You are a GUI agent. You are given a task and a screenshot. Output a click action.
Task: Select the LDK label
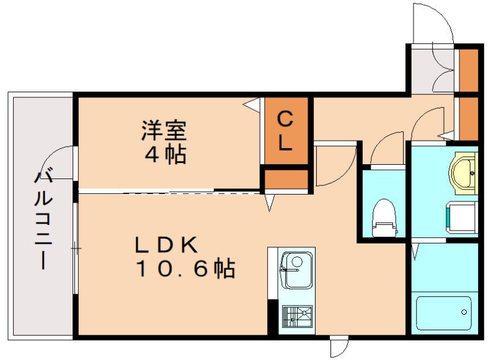[x=166, y=245]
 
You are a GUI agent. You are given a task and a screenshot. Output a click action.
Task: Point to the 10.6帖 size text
[x=185, y=268]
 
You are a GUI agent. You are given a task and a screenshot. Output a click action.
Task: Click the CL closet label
[x=285, y=131]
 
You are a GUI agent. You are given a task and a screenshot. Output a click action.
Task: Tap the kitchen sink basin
[x=296, y=270]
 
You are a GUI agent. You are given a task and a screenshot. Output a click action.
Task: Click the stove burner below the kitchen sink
[x=297, y=316]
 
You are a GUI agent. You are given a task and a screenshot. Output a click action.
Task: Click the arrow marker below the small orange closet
[x=270, y=202]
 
